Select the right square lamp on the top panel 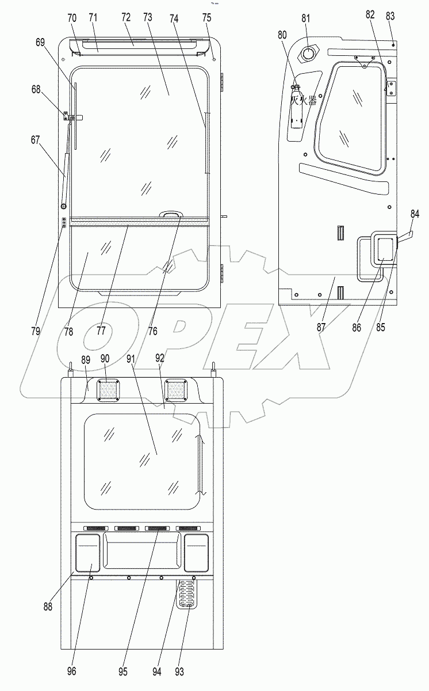click(x=175, y=390)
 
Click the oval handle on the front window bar click(x=169, y=214)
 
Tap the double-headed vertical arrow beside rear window click(x=199, y=464)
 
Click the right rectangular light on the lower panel click(x=196, y=552)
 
